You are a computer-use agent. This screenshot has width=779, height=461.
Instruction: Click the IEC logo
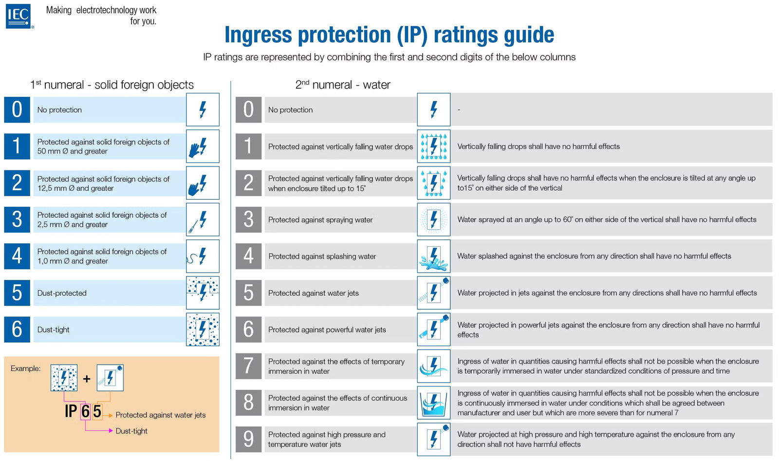point(19,16)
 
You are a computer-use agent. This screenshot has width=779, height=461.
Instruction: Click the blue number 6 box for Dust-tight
point(17,330)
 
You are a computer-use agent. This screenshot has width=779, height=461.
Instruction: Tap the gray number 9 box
point(248,439)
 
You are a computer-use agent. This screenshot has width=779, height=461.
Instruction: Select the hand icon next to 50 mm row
point(203,147)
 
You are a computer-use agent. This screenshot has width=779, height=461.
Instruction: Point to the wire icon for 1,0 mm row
point(203,257)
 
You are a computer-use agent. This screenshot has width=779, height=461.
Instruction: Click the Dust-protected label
point(62,293)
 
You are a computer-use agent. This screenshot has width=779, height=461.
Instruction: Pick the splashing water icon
point(433,257)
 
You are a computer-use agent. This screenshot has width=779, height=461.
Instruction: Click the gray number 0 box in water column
point(248,110)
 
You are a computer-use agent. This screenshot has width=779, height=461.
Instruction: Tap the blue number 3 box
point(17,220)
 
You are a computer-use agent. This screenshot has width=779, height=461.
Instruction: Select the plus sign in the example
point(87,378)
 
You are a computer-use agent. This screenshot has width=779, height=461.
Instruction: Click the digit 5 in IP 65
point(97,411)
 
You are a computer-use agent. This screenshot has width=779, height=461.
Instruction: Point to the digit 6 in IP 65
point(85,411)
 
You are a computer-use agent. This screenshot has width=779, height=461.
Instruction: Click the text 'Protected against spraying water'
point(320,220)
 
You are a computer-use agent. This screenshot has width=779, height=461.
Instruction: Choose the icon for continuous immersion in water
point(433,403)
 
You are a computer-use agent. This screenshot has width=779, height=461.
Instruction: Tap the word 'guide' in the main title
point(528,35)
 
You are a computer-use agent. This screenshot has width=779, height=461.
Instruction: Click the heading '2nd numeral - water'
point(343,85)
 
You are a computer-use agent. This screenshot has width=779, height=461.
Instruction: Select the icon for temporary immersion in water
point(433,366)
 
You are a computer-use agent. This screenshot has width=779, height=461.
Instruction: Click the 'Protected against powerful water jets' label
point(327,330)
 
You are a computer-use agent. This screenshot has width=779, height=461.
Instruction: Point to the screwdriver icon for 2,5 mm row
point(203,220)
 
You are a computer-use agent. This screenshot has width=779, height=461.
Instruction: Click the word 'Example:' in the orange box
point(25,369)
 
